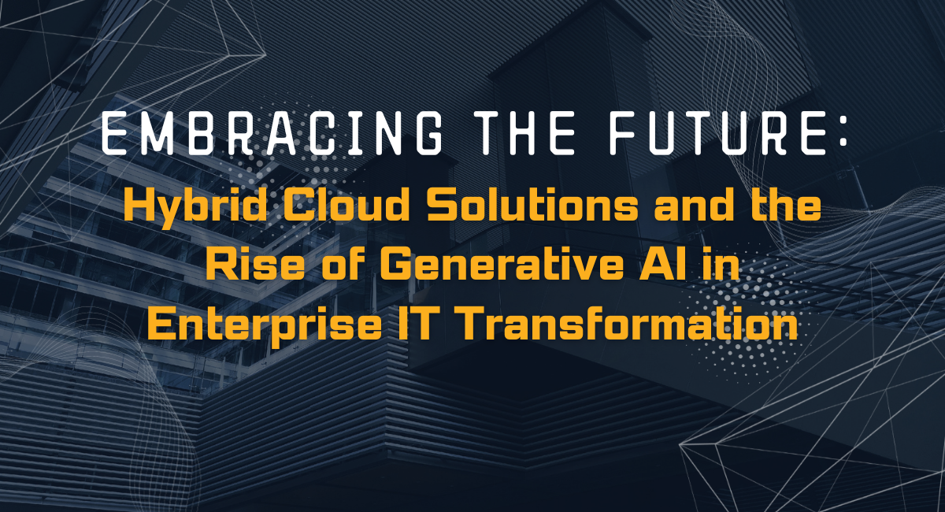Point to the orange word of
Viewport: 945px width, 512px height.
[x=344, y=266]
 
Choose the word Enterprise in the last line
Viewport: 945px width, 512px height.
[x=264, y=326]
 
